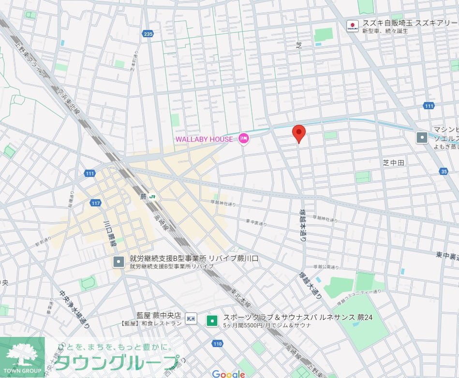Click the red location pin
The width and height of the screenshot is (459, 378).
pos(299,133)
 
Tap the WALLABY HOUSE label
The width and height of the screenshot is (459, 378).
pos(204,139)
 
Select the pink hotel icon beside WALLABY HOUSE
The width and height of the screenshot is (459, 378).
pos(244,139)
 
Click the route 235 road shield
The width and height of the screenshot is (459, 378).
pos(148,33)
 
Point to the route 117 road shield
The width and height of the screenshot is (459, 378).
pos(95,203)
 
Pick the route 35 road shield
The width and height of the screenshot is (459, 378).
pos(444,171)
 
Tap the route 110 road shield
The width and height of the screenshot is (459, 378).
pos(217,344)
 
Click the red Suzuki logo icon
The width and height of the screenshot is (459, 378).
pos(353,25)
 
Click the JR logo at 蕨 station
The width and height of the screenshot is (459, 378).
pos(153,197)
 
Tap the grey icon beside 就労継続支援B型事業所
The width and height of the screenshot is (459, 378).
pos(118,262)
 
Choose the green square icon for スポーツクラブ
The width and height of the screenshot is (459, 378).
pos(211,320)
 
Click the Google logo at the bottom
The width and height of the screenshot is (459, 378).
pos(229,373)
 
